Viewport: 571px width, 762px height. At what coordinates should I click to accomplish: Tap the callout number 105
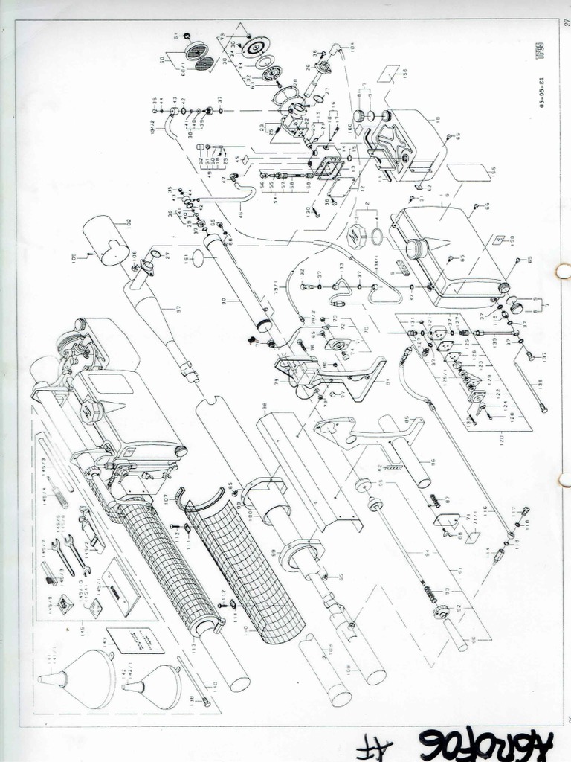coord(74,257)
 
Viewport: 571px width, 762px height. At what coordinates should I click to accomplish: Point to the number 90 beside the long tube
coord(223,301)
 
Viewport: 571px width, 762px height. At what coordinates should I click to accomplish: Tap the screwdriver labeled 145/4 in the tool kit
coord(59,497)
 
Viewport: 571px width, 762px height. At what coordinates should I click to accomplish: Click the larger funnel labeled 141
coord(82,678)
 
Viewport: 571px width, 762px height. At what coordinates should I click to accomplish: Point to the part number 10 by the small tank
coord(437,118)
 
